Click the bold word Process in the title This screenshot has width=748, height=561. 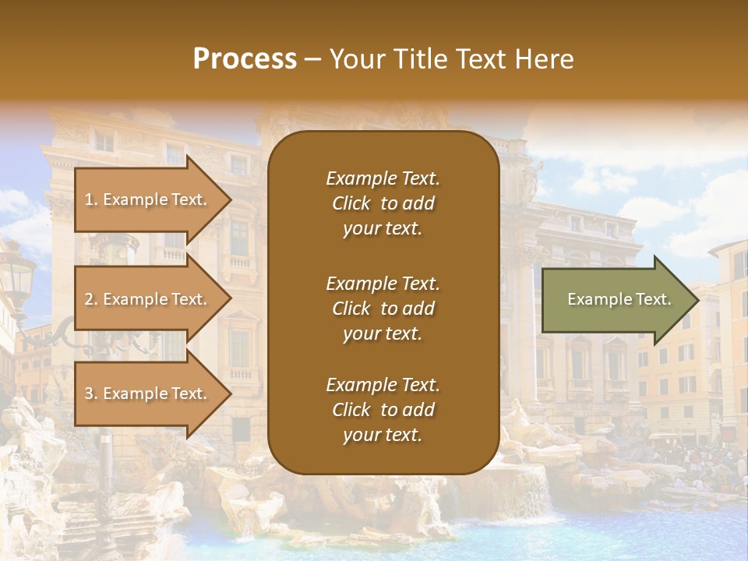coord(245,59)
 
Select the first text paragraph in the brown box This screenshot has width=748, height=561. coord(383,203)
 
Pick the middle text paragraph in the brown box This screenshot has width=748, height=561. coord(383,309)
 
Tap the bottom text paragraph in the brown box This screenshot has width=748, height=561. coord(383,410)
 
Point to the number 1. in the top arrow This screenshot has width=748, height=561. coord(91,199)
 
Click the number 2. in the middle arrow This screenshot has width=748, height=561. coord(91,299)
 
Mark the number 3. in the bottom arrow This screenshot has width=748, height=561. coord(91,393)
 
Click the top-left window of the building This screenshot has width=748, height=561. coord(104,141)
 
